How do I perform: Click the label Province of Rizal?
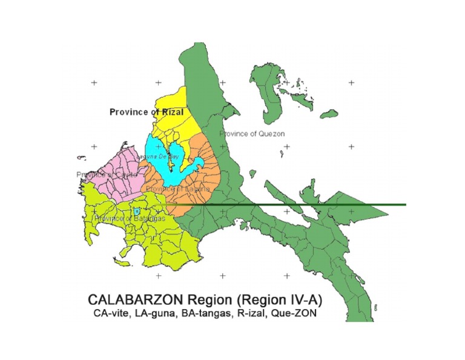[146, 112]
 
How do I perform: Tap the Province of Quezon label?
[251, 133]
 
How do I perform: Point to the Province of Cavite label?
[102, 175]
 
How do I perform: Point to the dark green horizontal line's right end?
[404, 205]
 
